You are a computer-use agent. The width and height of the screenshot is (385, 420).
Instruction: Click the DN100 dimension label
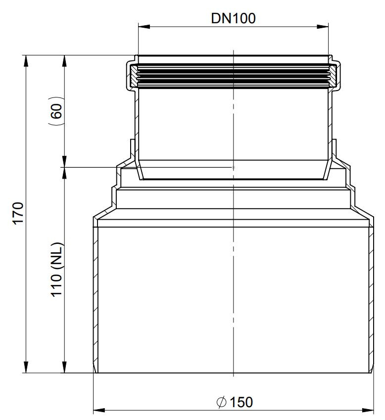233,18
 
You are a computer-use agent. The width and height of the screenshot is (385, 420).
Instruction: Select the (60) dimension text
56,111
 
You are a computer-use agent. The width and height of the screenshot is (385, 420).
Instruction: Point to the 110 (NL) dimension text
56,270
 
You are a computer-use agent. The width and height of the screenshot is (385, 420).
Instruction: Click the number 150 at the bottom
241,402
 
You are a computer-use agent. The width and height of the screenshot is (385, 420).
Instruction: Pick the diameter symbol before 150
221,402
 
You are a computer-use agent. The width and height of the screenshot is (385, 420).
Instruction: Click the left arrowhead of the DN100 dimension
144,27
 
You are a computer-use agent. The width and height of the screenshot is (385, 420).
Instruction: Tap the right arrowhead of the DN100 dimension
322,27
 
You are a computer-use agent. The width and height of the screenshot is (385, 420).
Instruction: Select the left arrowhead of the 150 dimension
99,410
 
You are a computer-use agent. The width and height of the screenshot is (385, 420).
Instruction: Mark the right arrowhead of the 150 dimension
368,410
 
